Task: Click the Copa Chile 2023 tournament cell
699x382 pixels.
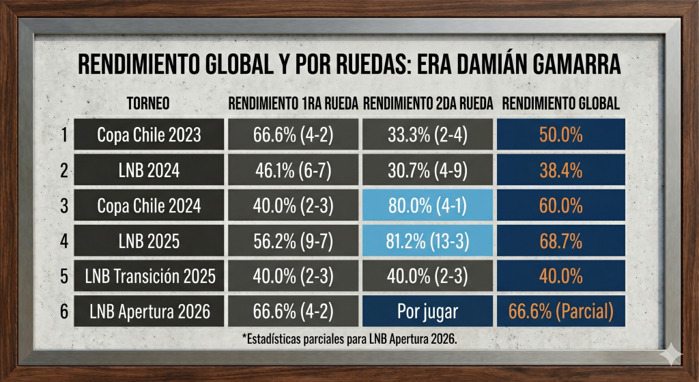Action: pos(148,135)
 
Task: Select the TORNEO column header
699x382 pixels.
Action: pos(148,104)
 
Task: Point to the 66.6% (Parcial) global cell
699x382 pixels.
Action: pos(560,312)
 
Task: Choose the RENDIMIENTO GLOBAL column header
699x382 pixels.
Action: pos(560,104)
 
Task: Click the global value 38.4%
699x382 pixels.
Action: pos(560,170)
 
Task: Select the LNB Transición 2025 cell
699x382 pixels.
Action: pos(148,277)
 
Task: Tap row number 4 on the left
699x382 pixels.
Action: pos(63,241)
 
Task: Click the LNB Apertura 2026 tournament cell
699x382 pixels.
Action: pos(148,312)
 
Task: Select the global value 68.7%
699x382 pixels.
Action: pos(560,241)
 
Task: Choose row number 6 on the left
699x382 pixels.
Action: pos(63,312)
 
